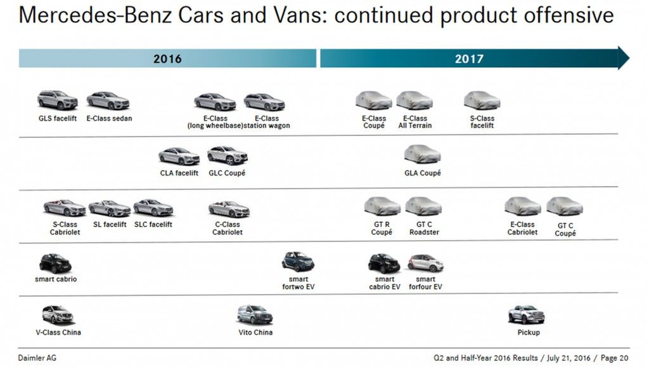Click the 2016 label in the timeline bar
(x=167, y=59)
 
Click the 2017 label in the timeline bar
(x=469, y=59)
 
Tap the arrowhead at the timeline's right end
(x=624, y=58)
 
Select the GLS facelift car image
(x=57, y=100)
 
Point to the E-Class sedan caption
(x=109, y=119)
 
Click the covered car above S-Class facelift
(x=482, y=100)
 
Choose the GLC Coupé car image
(x=227, y=155)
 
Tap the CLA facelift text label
(x=179, y=173)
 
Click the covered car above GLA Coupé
(x=422, y=154)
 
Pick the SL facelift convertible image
(x=109, y=208)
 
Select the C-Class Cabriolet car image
(x=229, y=209)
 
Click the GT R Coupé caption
(x=382, y=228)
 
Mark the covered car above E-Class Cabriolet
(x=522, y=206)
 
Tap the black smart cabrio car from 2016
(x=55, y=262)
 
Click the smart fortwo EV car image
(x=298, y=261)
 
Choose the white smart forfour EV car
(x=425, y=262)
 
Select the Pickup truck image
(x=526, y=314)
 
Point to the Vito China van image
(x=255, y=314)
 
